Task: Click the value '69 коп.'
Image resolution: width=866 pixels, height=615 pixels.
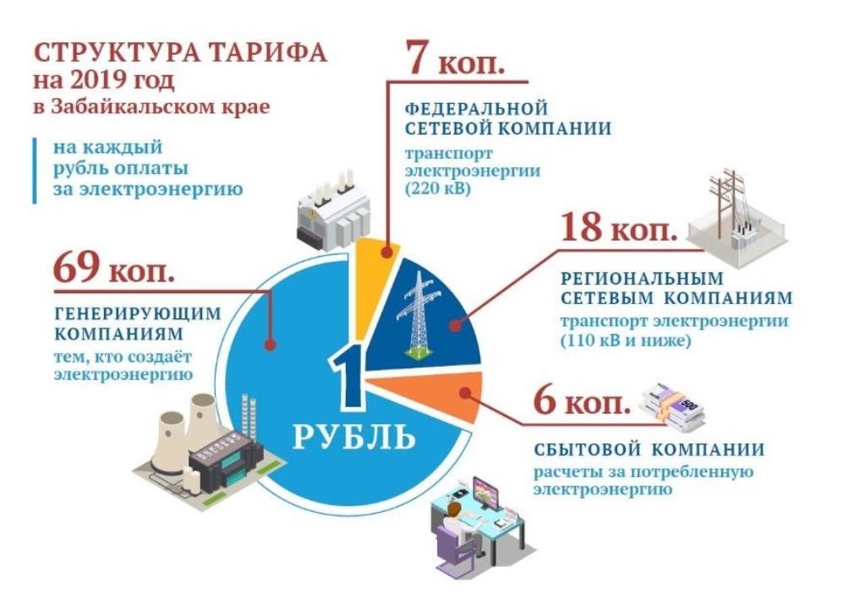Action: pos(114,267)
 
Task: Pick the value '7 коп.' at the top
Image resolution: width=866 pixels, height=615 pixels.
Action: pos(456,57)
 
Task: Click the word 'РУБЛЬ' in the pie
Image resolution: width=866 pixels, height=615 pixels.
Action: pos(354,436)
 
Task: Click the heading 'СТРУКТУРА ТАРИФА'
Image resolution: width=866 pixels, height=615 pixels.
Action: pos(181,53)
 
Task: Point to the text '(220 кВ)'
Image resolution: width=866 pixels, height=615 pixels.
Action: pos(439,189)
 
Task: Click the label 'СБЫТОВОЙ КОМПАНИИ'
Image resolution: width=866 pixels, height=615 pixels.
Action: pos(649,449)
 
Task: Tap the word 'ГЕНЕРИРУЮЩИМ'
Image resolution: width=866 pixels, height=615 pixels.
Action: pos(138,313)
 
